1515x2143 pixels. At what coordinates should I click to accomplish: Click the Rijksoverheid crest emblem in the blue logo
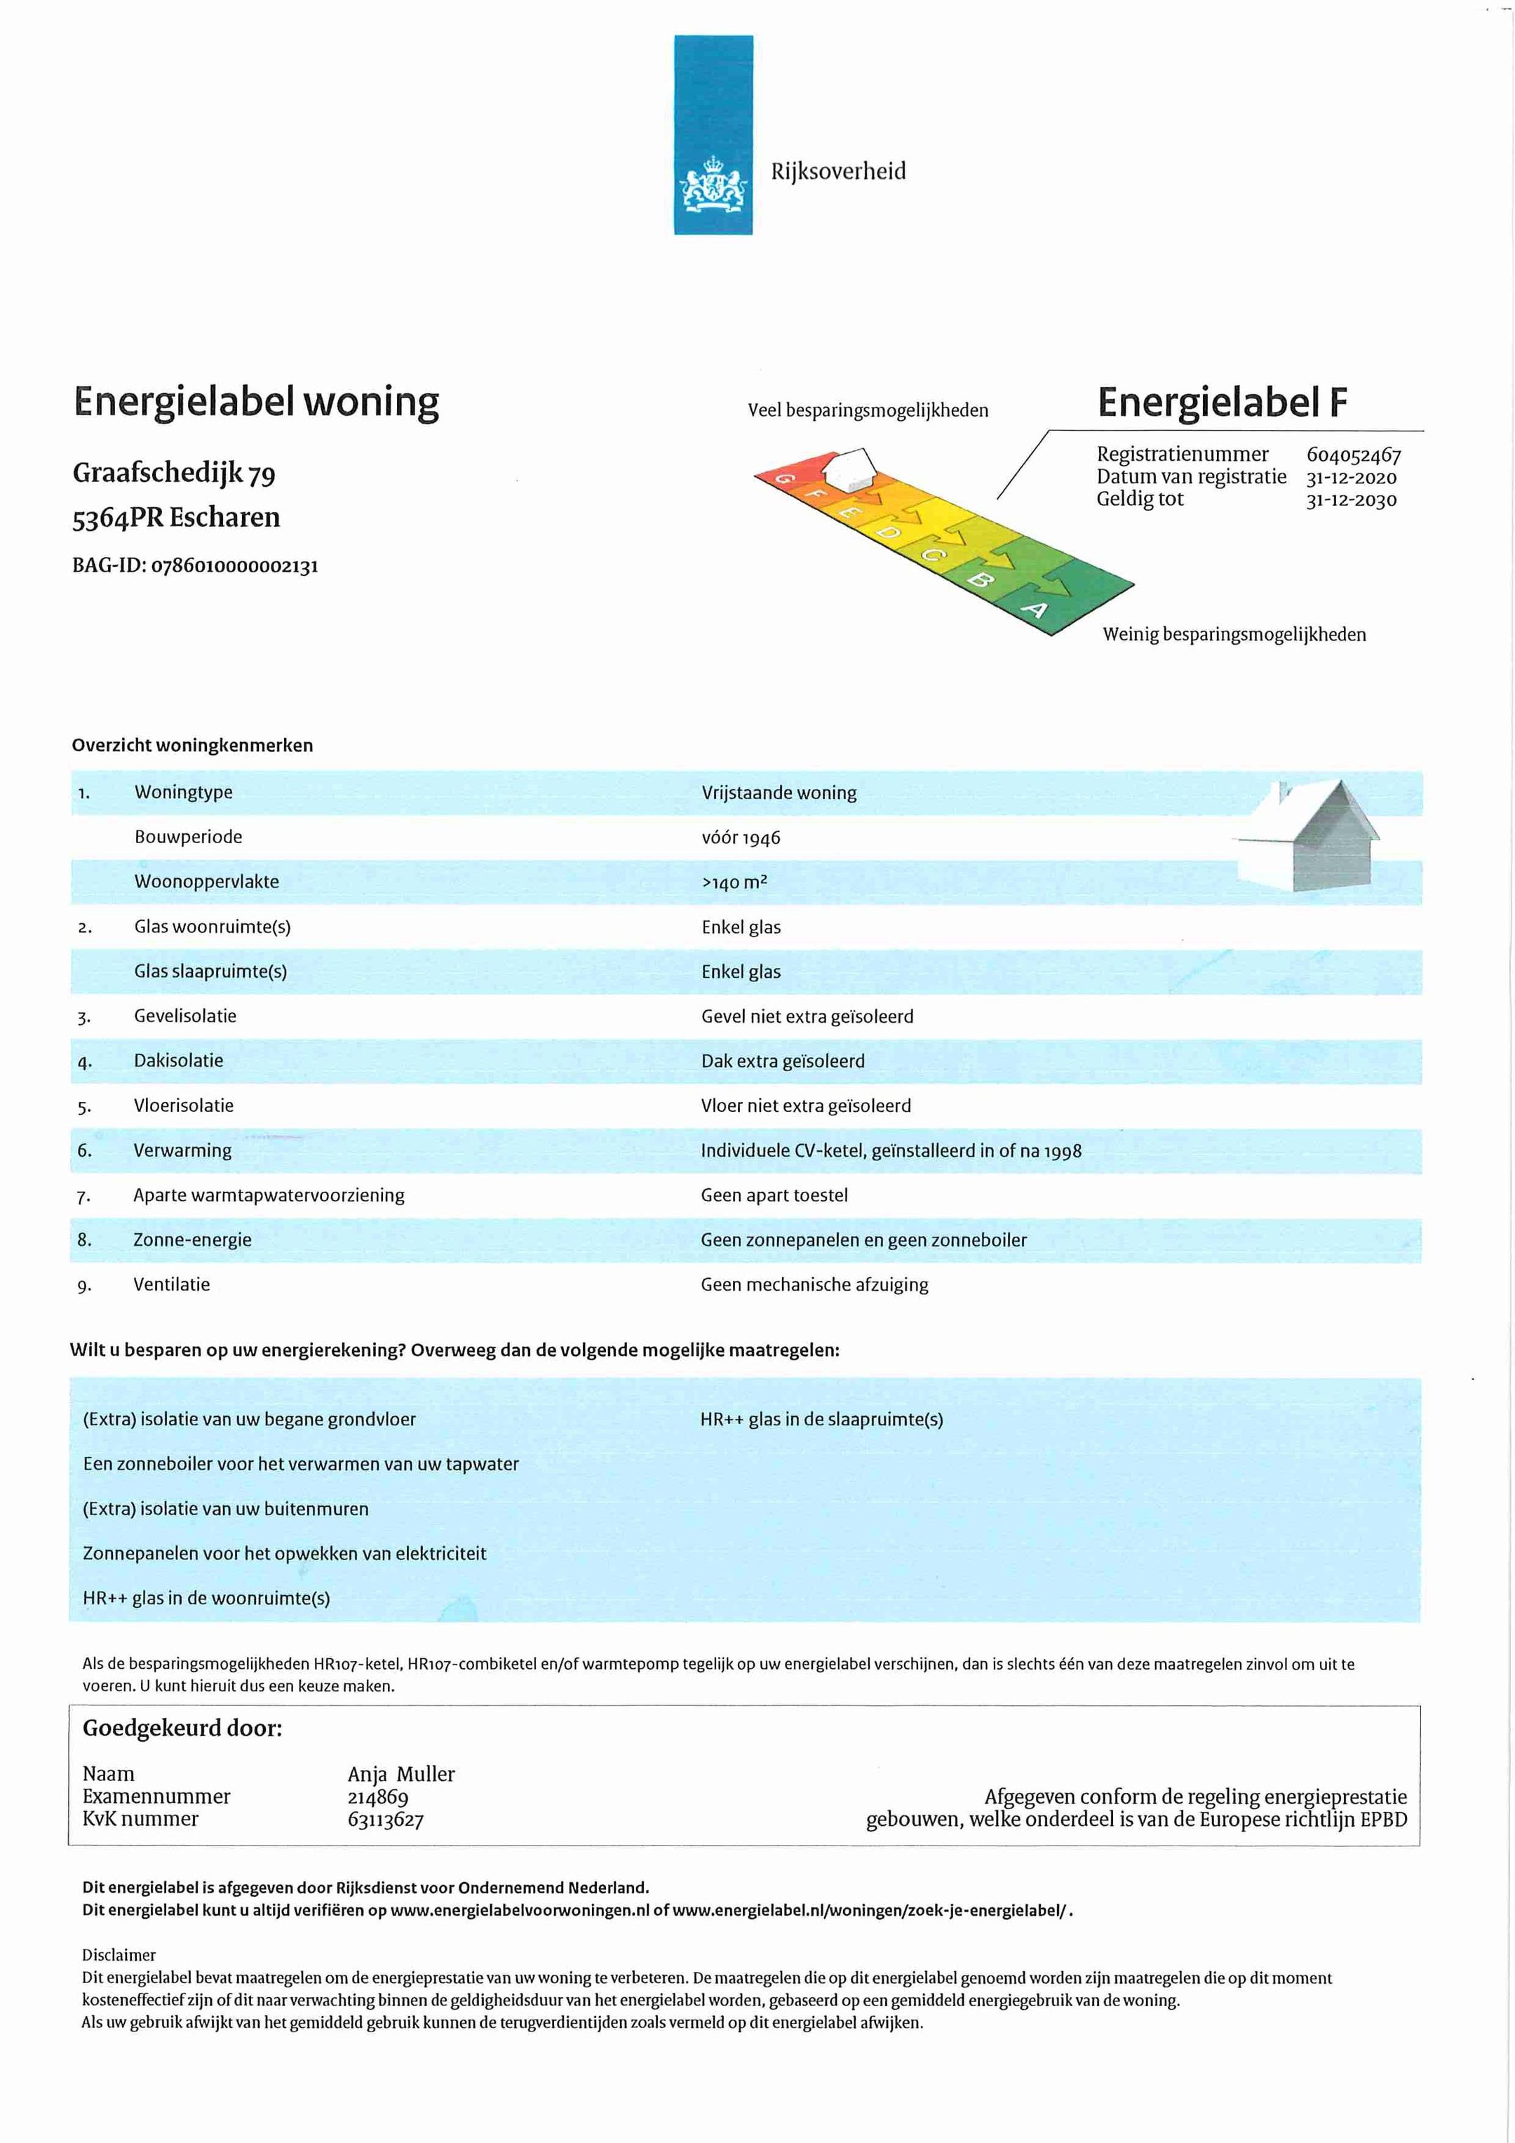[x=713, y=183]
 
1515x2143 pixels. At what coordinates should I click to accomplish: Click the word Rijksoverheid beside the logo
[x=837, y=170]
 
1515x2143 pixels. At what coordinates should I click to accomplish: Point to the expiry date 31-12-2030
[x=1351, y=500]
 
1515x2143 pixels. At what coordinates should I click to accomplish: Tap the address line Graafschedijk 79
[x=174, y=473]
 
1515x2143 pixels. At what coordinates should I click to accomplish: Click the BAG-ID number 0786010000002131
[x=234, y=565]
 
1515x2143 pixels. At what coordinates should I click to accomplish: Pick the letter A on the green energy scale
[x=1035, y=610]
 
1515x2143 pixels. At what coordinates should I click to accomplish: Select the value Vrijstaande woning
[x=779, y=793]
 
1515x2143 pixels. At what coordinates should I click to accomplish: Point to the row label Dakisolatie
[x=178, y=1061]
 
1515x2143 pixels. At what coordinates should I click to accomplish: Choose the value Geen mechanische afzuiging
[x=814, y=1284]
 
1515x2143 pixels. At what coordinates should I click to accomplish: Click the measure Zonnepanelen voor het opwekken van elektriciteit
[x=285, y=1553]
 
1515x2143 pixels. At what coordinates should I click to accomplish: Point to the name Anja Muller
[x=400, y=1773]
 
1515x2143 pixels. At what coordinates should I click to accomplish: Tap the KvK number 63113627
[x=386, y=1819]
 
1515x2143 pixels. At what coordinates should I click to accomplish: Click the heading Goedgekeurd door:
[x=182, y=1728]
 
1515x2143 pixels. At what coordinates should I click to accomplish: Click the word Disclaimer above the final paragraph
[x=119, y=1954]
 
